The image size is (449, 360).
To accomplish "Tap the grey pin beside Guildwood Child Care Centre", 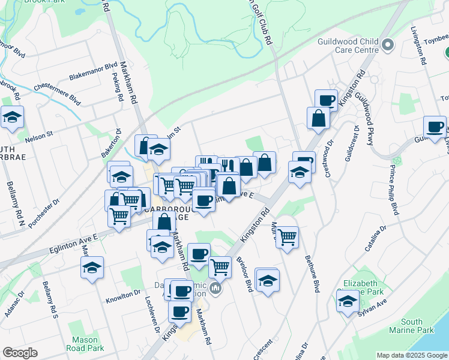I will pyautogui.click(x=388, y=45).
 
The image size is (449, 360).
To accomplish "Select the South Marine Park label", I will pyautogui.click(x=417, y=326).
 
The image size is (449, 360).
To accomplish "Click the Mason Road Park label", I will pyautogui.click(x=85, y=344).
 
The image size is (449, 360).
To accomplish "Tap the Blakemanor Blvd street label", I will pyautogui.click(x=93, y=71).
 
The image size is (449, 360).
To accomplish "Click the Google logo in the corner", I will pyautogui.click(x=20, y=353).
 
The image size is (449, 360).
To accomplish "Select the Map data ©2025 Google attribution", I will pyautogui.click(x=412, y=355).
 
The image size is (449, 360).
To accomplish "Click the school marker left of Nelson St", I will pyautogui.click(x=11, y=118).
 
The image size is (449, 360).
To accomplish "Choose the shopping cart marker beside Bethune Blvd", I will pyautogui.click(x=288, y=238).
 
